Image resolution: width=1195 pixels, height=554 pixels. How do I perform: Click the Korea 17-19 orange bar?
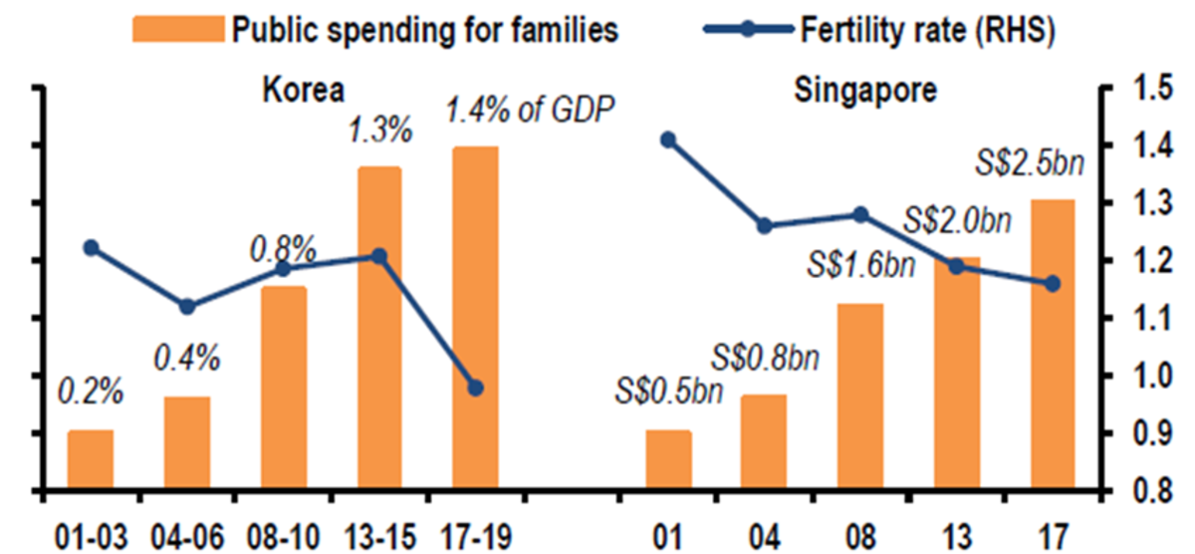(x=475, y=319)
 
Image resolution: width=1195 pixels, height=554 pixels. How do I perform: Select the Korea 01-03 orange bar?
(x=91, y=460)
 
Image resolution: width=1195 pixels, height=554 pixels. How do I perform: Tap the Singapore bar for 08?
(x=860, y=397)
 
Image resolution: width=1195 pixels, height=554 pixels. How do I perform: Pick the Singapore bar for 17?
(x=1053, y=345)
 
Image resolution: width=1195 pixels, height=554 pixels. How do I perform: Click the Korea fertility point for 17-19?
(x=475, y=388)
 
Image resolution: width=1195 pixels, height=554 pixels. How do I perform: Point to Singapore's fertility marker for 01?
(x=668, y=140)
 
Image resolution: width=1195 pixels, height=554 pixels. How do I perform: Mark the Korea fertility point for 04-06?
(x=187, y=306)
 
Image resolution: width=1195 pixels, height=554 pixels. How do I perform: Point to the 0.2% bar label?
(x=91, y=392)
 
